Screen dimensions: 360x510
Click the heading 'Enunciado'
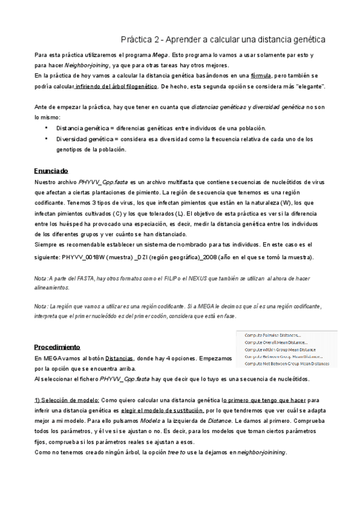coord(51,171)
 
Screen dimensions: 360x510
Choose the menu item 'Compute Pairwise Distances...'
coord(273,335)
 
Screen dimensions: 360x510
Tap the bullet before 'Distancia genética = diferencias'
coord(47,128)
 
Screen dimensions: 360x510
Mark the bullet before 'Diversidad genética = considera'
coord(47,138)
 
